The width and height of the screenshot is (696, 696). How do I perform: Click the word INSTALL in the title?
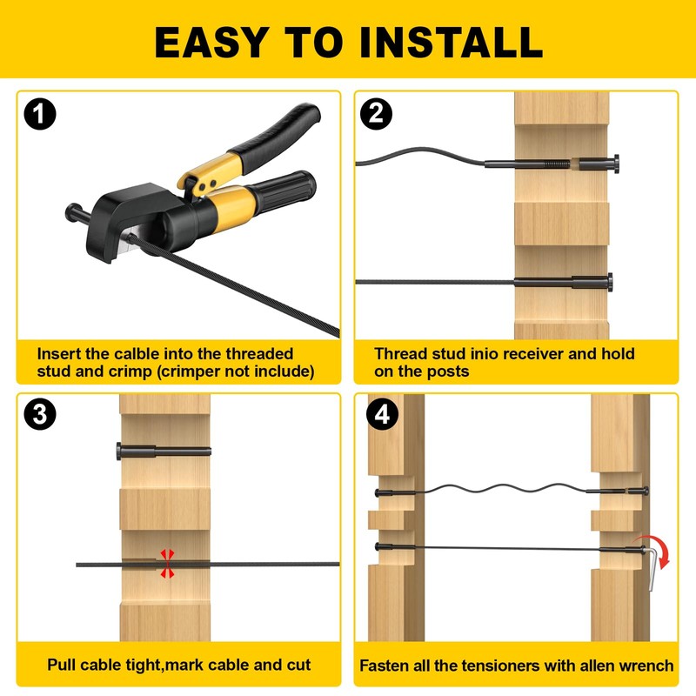point(452,42)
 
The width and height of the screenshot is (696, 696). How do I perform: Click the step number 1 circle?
point(40,114)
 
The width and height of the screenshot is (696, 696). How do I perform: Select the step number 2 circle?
point(377,114)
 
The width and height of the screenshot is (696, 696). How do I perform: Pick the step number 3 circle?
point(40,414)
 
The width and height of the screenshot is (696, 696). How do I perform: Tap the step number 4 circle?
point(383,414)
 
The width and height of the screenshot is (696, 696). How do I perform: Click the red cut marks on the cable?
point(167,564)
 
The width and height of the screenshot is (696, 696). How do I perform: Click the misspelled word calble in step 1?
point(137,354)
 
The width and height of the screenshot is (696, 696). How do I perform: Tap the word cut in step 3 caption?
point(298,665)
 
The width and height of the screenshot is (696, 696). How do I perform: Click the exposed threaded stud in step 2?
point(556,164)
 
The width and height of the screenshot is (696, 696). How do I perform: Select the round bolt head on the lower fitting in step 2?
point(611,282)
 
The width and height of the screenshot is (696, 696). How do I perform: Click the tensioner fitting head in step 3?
point(119,452)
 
